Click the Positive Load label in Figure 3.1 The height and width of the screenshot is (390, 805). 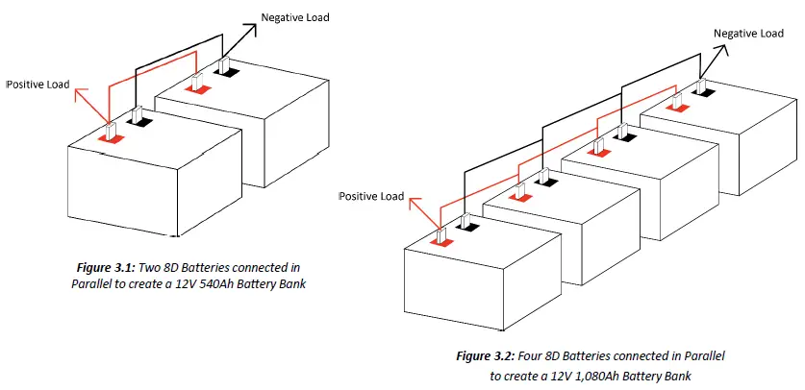pos(38,85)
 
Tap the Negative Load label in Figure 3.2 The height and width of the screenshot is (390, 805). pos(748,34)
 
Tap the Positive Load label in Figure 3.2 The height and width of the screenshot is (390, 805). pos(371,196)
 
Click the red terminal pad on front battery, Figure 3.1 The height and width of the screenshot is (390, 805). pos(112,138)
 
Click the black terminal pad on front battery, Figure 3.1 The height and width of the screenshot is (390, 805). pos(141,122)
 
